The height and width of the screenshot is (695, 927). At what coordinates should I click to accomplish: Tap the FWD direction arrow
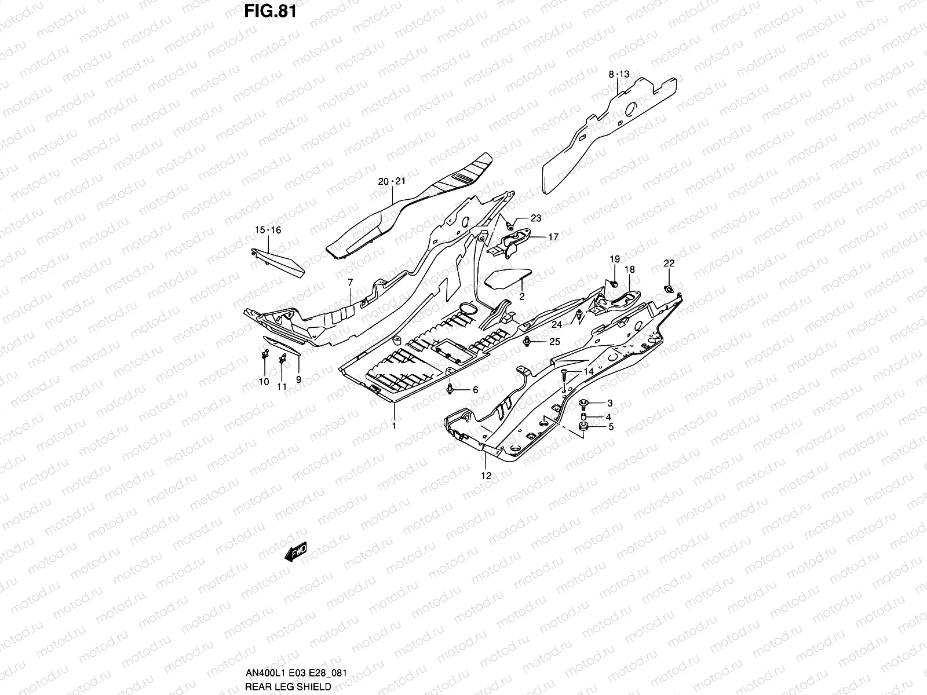(295, 553)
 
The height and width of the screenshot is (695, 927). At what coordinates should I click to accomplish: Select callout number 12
(486, 475)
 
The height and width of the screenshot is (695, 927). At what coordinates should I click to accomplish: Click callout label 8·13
(618, 75)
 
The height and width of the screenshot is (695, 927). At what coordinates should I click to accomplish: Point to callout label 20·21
(392, 181)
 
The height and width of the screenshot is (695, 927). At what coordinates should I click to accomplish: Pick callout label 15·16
(268, 230)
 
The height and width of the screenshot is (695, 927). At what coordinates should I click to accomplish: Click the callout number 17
(553, 237)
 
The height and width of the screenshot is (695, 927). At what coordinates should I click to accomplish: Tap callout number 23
(535, 218)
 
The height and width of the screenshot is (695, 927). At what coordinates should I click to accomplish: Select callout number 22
(669, 263)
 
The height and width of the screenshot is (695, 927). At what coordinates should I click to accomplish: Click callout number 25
(554, 342)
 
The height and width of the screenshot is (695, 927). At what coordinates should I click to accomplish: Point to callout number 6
(475, 390)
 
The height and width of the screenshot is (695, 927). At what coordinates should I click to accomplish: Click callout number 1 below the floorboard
(394, 426)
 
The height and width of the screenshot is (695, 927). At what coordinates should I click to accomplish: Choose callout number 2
(521, 297)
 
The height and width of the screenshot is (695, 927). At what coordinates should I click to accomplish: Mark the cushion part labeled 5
(584, 427)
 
